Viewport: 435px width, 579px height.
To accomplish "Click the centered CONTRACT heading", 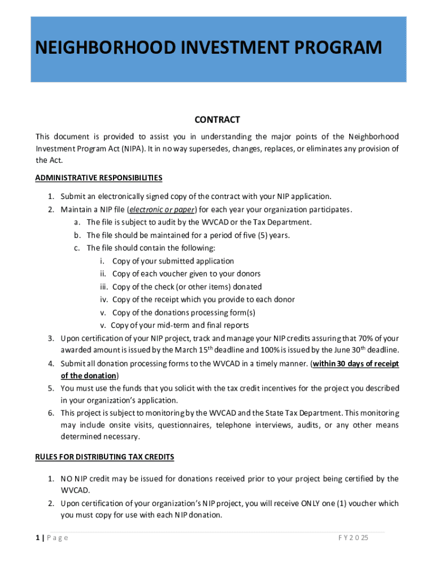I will point(217,120).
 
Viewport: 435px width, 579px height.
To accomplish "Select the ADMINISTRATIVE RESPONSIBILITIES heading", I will point(99,178).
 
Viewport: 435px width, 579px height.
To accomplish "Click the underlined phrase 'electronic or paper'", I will point(162,210).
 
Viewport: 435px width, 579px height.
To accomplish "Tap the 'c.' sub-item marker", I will point(77,248).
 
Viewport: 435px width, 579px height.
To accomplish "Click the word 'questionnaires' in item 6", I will point(184,425).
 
